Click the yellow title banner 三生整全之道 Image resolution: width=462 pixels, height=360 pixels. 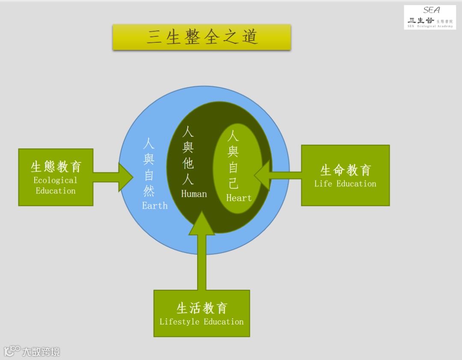(x=201, y=37)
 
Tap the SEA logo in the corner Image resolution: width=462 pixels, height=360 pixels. (x=429, y=17)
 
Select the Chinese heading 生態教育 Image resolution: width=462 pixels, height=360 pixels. (x=56, y=167)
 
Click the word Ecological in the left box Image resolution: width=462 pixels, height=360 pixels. (x=56, y=180)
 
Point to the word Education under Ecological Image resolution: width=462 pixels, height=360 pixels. (x=56, y=191)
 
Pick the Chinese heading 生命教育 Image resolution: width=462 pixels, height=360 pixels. (x=345, y=170)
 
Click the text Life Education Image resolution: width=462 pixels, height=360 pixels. (x=345, y=184)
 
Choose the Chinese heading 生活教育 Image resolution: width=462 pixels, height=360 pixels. (x=201, y=308)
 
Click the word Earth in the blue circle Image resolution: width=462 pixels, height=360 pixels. (x=155, y=206)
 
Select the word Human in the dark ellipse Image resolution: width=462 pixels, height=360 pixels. (x=194, y=194)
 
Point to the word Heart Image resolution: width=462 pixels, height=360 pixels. (x=239, y=198)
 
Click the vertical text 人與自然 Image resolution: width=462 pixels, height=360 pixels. (x=148, y=167)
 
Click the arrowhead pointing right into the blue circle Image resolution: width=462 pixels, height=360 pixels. (x=126, y=177)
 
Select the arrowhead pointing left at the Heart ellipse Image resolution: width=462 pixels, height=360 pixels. (x=262, y=175)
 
